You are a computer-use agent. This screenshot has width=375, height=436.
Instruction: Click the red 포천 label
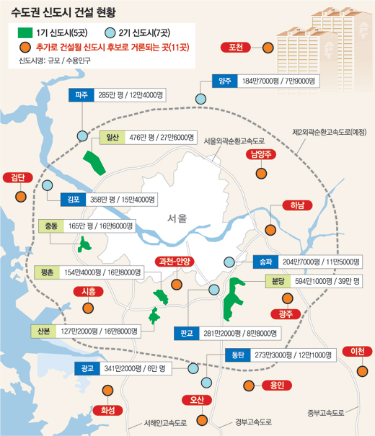point(235,48)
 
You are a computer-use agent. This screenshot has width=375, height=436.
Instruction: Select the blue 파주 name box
point(81,95)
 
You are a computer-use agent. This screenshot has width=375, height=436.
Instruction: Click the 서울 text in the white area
point(176,218)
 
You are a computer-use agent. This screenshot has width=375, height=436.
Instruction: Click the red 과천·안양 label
point(175,262)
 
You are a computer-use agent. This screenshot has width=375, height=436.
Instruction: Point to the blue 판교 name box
point(187,334)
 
